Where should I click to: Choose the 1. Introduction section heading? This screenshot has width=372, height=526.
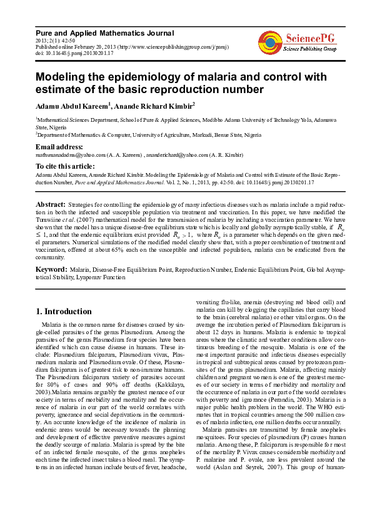pyautogui.click(x=63, y=311)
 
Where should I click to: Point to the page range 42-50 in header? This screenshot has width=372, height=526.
pyautogui.click(x=64, y=40)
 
